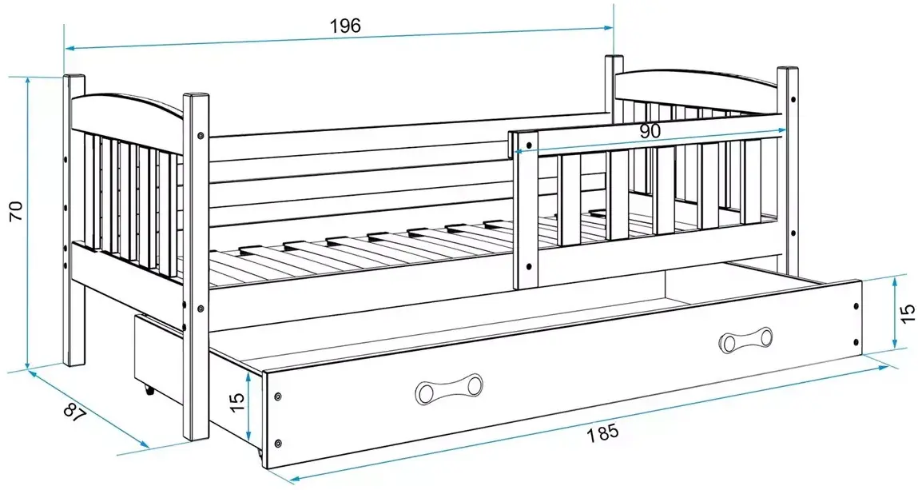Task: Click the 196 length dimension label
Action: click(x=345, y=26)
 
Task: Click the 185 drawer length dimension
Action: click(x=602, y=433)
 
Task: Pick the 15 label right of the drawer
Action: click(x=907, y=313)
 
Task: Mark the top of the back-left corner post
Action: click(x=74, y=78)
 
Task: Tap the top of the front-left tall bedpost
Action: click(x=197, y=98)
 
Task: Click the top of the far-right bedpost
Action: click(x=788, y=71)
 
